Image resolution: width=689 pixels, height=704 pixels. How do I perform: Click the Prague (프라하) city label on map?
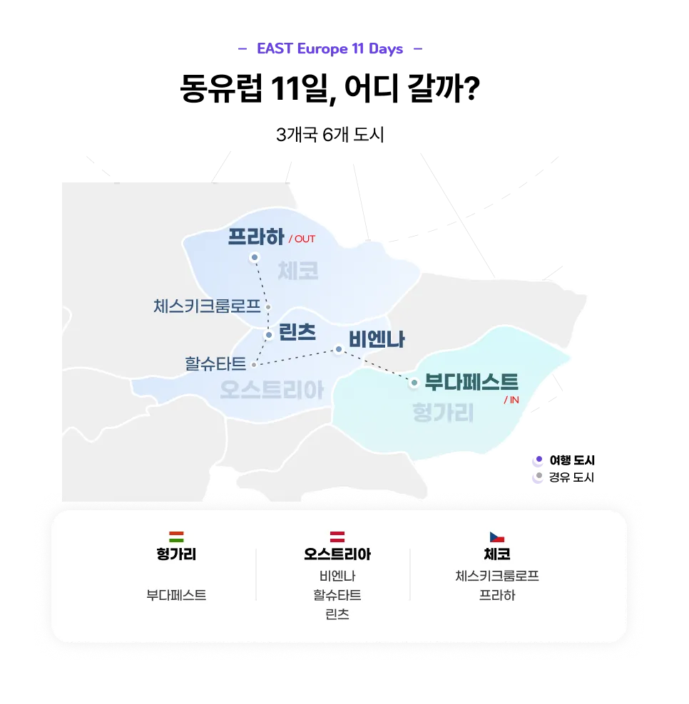click(x=256, y=237)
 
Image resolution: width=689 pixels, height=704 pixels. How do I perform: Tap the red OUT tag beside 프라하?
click(x=302, y=239)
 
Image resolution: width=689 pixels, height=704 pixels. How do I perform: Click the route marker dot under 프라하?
click(x=254, y=257)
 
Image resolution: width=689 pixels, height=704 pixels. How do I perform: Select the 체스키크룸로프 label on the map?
click(x=207, y=306)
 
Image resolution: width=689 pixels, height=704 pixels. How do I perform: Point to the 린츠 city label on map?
click(x=297, y=332)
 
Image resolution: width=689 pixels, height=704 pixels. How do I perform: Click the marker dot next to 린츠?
click(x=269, y=335)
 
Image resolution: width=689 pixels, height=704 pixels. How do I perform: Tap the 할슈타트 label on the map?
click(x=215, y=364)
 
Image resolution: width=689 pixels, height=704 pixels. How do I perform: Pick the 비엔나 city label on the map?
click(x=377, y=340)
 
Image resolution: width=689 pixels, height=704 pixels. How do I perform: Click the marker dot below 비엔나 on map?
click(x=339, y=349)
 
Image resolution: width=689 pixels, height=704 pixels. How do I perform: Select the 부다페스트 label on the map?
click(x=471, y=382)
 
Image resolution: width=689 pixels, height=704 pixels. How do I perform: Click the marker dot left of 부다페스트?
click(x=414, y=383)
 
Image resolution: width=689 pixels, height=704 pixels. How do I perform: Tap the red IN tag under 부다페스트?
click(x=511, y=400)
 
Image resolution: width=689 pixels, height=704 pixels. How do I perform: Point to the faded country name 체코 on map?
click(x=298, y=271)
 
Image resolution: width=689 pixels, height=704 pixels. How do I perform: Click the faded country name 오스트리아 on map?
click(x=271, y=390)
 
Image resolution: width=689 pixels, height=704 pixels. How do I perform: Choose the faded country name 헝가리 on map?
click(x=443, y=413)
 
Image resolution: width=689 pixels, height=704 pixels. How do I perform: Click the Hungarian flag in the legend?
click(x=176, y=537)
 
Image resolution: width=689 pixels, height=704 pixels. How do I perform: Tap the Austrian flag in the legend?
click(x=337, y=537)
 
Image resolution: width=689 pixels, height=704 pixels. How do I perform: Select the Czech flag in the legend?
click(x=496, y=537)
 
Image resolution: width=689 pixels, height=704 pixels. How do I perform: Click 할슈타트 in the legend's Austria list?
click(x=337, y=595)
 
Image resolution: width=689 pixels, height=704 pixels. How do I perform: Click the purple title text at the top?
click(x=330, y=50)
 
